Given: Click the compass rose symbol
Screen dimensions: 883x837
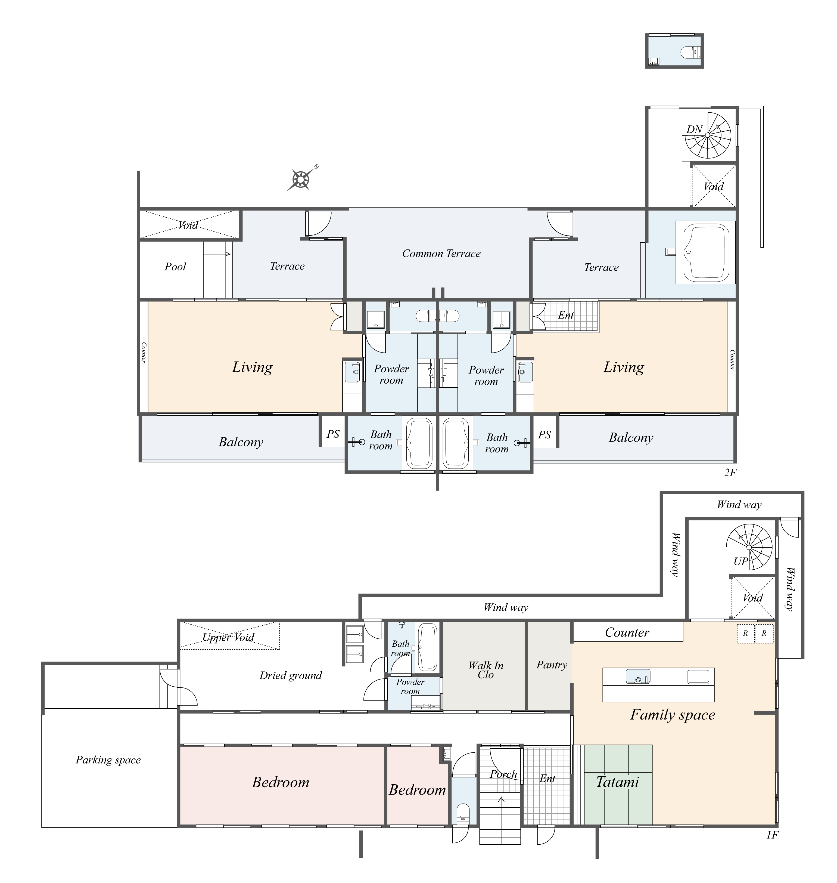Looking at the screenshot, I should click(301, 180).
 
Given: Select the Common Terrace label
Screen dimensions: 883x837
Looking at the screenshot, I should click(441, 254).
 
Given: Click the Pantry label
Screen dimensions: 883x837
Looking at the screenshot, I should click(552, 665).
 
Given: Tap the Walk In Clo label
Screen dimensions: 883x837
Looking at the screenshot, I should click(486, 670).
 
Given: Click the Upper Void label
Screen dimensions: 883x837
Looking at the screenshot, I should click(228, 637).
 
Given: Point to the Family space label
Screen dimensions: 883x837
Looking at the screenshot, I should click(672, 715).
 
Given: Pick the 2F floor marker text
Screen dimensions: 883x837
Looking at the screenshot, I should click(730, 472).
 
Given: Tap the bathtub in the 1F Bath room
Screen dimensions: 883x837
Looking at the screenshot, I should click(427, 648).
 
